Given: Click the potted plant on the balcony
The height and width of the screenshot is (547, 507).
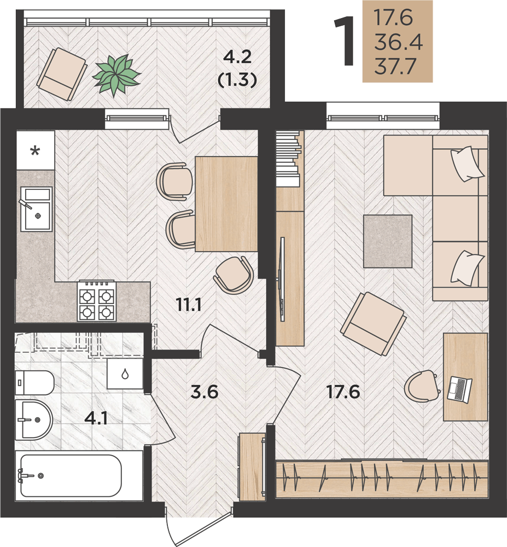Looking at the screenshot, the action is (x=116, y=74).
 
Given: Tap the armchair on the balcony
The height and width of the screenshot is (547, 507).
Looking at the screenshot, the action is (x=62, y=74).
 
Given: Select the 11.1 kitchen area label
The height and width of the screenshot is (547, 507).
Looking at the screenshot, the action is (x=189, y=305).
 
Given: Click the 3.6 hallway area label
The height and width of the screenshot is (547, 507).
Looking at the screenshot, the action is (x=205, y=392).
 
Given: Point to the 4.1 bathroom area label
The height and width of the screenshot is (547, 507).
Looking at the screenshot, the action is (x=96, y=418).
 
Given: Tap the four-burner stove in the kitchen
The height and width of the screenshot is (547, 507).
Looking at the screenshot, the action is (x=97, y=301).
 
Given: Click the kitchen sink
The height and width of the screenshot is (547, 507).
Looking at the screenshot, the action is (x=36, y=209).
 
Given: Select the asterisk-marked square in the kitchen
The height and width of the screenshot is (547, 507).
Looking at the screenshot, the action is (x=35, y=150).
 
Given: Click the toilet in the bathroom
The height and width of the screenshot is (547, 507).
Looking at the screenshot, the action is (x=34, y=383).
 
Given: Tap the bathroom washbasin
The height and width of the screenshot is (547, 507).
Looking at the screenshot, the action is (x=34, y=420).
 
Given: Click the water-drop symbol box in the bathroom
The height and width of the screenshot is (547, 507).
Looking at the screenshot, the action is (x=125, y=374).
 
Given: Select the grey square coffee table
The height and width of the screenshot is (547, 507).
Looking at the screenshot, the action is (x=388, y=241).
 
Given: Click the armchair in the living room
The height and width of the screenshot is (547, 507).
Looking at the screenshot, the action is (x=374, y=323).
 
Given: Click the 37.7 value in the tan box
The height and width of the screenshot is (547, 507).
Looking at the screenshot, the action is (x=395, y=66).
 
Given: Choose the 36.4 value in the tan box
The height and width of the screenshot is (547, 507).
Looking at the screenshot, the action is (x=398, y=42).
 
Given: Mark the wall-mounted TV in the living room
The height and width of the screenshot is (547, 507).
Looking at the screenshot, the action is (x=282, y=279).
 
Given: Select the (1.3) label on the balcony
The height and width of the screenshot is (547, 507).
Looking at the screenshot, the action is (x=237, y=80).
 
